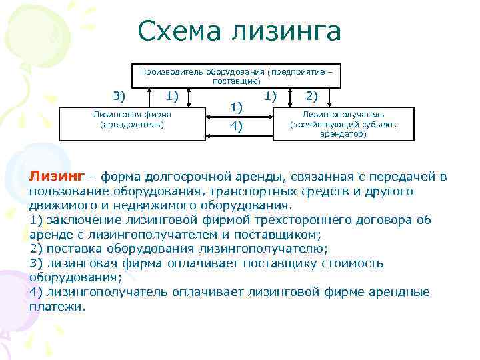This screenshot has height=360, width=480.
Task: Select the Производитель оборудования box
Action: (236, 75)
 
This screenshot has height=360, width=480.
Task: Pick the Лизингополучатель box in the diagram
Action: (343, 124)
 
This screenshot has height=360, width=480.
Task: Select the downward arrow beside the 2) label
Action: (293, 96)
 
